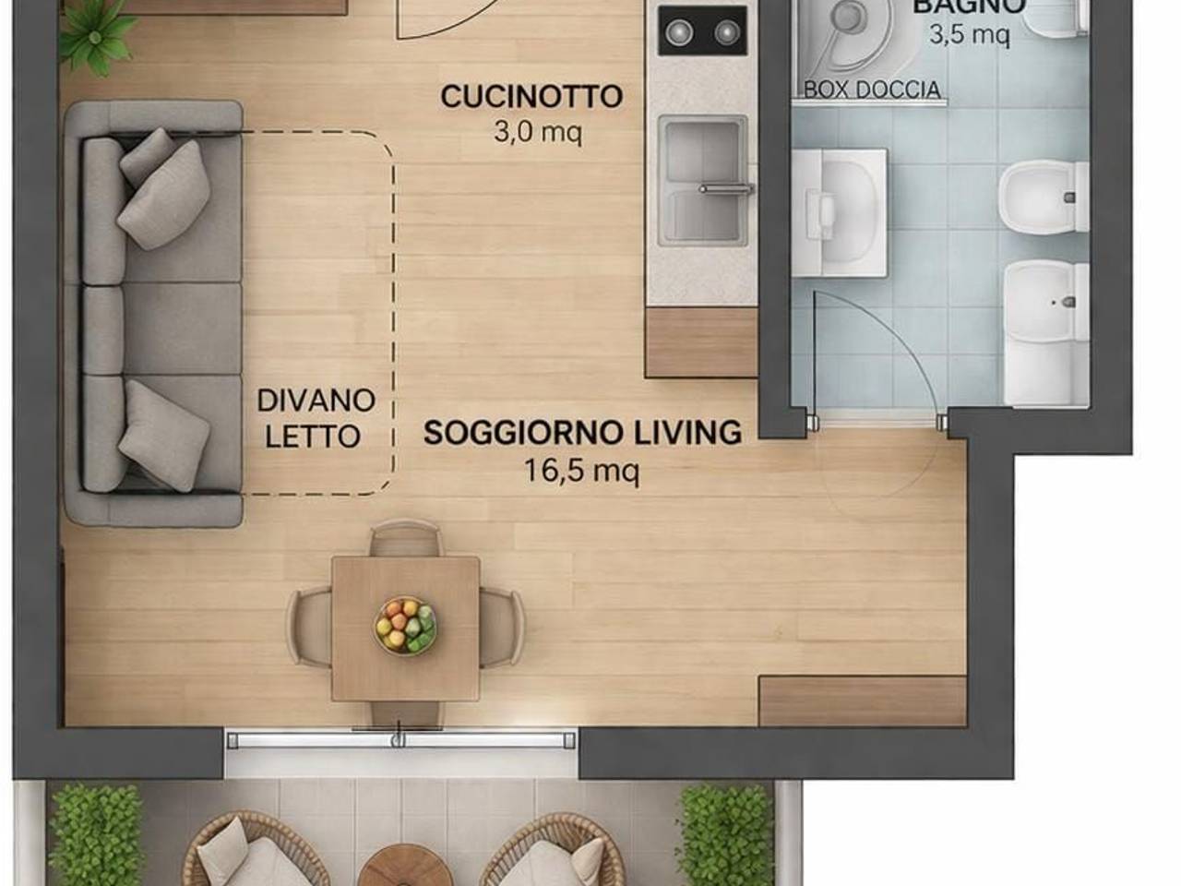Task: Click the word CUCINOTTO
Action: pyautogui.click(x=531, y=97)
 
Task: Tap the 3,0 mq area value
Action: pyautogui.click(x=538, y=133)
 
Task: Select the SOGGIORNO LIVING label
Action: pyautogui.click(x=582, y=433)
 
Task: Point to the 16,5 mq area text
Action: pyautogui.click(x=582, y=471)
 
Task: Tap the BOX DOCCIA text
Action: pyautogui.click(x=872, y=90)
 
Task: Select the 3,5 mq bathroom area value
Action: pyautogui.click(x=969, y=36)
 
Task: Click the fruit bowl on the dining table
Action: pyautogui.click(x=406, y=625)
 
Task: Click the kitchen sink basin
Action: pyautogui.click(x=702, y=180)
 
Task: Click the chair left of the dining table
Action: pyautogui.click(x=308, y=628)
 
